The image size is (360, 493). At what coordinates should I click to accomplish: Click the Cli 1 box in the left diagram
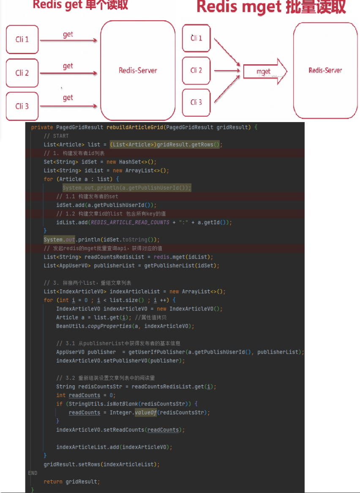click(x=22, y=40)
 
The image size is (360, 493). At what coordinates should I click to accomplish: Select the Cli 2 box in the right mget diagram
click(x=196, y=70)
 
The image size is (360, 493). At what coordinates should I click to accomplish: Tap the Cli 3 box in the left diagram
click(x=22, y=106)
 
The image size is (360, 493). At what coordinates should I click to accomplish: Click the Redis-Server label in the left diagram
click(x=138, y=71)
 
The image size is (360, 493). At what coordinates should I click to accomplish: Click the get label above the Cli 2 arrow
click(x=68, y=66)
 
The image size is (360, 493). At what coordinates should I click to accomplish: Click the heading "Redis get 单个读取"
click(x=80, y=5)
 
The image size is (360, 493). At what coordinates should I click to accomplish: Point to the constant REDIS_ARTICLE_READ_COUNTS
click(x=130, y=222)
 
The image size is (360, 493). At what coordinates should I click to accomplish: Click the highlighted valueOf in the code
click(x=145, y=412)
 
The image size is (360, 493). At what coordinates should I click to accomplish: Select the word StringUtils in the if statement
click(x=81, y=404)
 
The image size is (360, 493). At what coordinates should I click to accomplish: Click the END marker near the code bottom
click(x=33, y=473)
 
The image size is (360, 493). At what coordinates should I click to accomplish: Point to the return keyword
click(x=53, y=482)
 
